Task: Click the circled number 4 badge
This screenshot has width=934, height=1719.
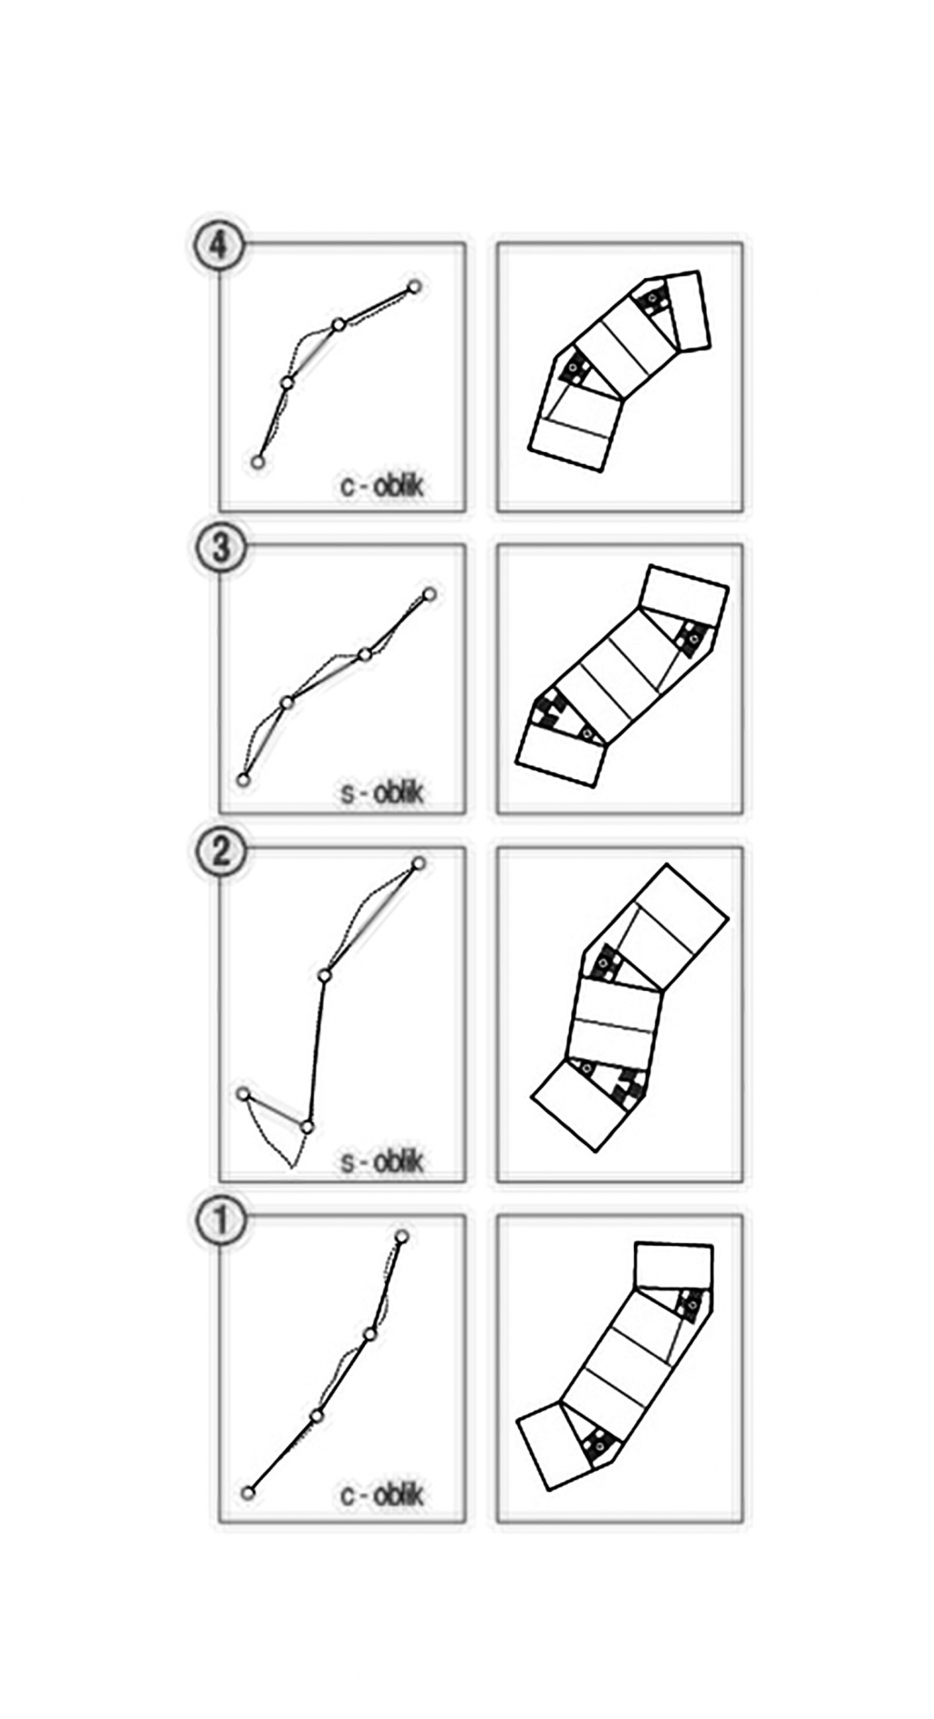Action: pos(217,245)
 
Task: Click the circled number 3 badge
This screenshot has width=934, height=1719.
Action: pos(220,549)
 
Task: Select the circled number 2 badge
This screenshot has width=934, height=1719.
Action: pos(220,852)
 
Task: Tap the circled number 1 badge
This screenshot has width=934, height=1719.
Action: pos(220,1221)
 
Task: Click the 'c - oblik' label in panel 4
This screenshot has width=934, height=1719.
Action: pos(382,486)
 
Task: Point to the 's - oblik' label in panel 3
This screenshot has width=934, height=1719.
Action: pos(382,793)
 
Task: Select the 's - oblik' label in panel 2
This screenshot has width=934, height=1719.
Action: pos(382,1162)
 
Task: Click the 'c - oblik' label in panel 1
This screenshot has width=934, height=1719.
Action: pos(382,1496)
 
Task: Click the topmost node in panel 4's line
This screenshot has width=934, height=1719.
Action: pos(414,287)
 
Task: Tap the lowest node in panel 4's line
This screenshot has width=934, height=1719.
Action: pos(257,462)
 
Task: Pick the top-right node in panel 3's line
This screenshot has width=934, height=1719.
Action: pos(429,595)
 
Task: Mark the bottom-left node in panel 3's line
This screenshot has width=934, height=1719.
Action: pos(243,779)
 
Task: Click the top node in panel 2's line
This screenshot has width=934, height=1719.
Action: pos(419,863)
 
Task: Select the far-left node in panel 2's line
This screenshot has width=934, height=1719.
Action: pos(243,1093)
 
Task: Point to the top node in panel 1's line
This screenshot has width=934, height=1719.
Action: pos(401,1236)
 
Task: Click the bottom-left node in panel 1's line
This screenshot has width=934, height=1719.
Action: pos(247,1492)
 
